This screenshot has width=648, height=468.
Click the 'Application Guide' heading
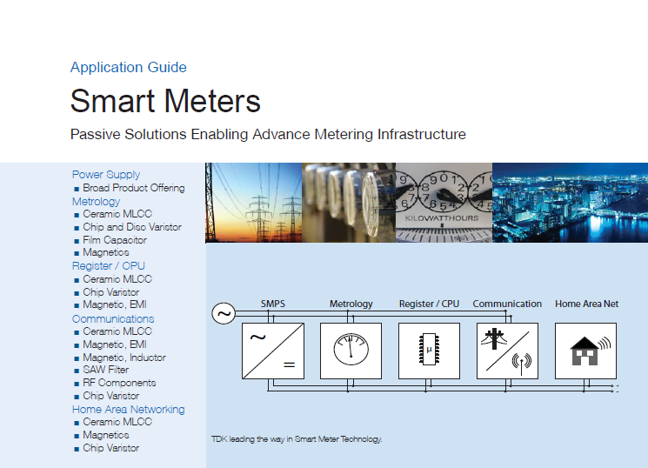click(129, 67)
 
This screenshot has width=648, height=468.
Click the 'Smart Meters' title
click(165, 101)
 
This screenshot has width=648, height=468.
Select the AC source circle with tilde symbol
click(224, 313)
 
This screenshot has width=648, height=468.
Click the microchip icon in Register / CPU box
click(429, 350)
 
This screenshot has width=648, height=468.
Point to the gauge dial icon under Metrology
click(351, 349)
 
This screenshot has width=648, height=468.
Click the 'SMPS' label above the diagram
click(273, 304)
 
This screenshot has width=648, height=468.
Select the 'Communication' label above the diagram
click(507, 304)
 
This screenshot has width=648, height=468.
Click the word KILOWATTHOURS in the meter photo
click(441, 217)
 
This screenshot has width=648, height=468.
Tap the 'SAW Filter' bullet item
click(106, 370)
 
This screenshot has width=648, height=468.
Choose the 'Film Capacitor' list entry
click(115, 240)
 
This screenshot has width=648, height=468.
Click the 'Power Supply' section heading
click(106, 175)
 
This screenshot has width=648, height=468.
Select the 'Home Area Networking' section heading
click(128, 410)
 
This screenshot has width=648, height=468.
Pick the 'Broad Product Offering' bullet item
click(133, 188)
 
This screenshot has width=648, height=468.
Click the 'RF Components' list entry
click(119, 383)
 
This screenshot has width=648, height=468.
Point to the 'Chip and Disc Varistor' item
click(132, 227)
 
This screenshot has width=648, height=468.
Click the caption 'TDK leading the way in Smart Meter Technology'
click(297, 439)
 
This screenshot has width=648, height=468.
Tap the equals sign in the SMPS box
click(290, 364)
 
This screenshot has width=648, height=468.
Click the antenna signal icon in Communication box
click(522, 363)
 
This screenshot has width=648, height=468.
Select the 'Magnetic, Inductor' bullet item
click(124, 358)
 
